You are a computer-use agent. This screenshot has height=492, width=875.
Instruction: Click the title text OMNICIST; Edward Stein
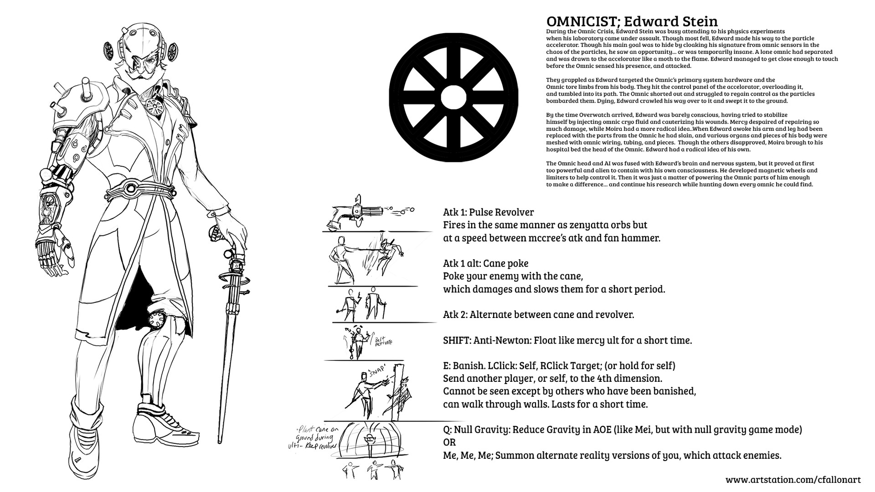632,21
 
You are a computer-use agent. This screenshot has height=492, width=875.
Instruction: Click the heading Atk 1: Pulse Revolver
488,212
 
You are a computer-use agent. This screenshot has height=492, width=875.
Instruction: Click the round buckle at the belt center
133,187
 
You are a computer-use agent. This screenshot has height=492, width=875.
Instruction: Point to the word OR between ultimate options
449,442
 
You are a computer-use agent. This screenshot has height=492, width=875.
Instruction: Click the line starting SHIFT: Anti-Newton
567,340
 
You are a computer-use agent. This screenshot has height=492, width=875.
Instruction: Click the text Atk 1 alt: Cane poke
486,263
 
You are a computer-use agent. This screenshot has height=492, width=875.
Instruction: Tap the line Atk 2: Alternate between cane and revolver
538,314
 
